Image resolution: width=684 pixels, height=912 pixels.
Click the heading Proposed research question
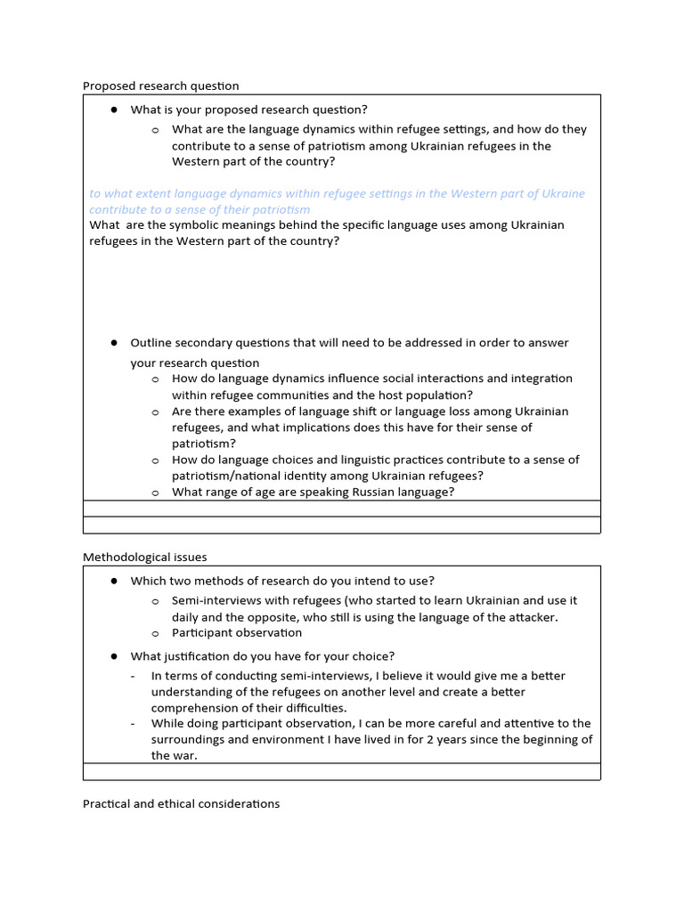click(161, 86)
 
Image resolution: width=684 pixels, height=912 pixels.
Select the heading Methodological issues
click(145, 558)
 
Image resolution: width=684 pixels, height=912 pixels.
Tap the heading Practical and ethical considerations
click(182, 803)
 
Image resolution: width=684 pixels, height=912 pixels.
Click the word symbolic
click(190, 225)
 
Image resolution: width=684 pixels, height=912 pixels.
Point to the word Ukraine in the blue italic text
click(562, 193)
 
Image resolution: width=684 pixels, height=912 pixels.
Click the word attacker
click(532, 617)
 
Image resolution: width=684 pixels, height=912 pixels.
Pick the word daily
click(187, 617)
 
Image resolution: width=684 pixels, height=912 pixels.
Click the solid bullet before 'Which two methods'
click(115, 581)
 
